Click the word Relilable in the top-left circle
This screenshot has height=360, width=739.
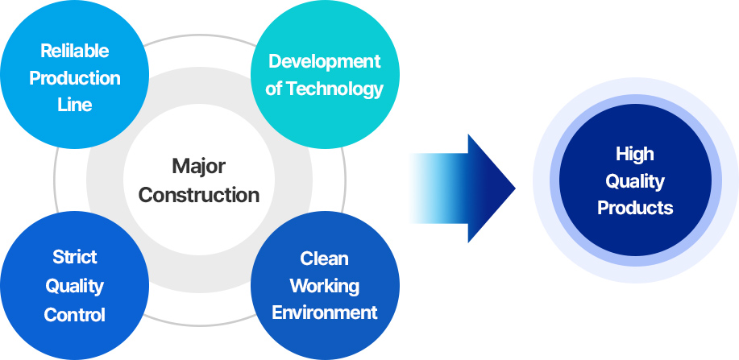pos(74,51)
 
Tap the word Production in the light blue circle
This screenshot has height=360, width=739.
pos(74,78)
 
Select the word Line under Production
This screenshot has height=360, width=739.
pos(74,105)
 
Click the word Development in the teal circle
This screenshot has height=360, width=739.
pos(325,62)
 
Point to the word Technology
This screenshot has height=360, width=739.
pos(334,89)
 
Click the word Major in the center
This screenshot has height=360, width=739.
pos(198,166)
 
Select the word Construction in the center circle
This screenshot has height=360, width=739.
pos(198,195)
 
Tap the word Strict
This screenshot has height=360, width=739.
pos(74,257)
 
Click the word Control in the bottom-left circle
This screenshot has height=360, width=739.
pos(74,315)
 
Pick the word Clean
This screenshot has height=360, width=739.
pos(324,259)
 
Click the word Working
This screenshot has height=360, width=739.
pos(324,286)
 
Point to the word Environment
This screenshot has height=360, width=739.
pos(324,312)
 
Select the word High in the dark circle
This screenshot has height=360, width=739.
pos(635,155)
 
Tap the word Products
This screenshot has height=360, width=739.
pos(635,208)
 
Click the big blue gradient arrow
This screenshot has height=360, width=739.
pos(463,188)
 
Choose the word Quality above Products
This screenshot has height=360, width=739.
pos(635,182)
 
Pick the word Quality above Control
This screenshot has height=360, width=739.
pos(74,287)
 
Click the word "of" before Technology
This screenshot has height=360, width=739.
pos(273,89)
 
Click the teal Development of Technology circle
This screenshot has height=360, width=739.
pos(325,74)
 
